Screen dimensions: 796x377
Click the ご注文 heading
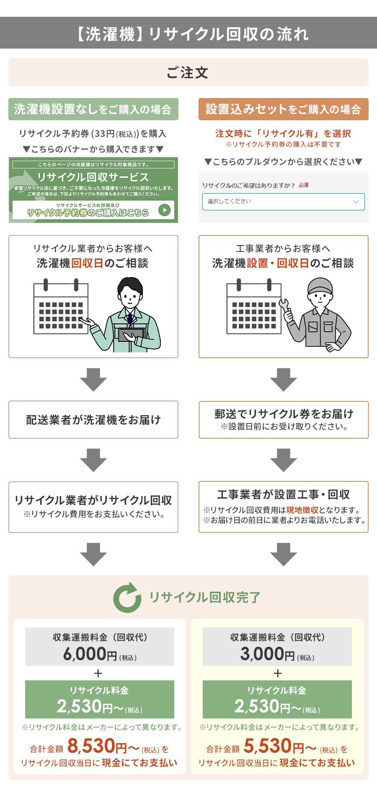188,72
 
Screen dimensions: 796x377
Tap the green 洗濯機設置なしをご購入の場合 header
93,109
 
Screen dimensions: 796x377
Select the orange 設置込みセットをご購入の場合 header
283,109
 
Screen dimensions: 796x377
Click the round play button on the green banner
165,210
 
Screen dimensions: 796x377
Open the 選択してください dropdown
283,202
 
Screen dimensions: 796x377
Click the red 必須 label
303,185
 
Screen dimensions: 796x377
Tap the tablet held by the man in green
131,334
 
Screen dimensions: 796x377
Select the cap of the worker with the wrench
320,286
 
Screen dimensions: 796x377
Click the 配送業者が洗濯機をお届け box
93,420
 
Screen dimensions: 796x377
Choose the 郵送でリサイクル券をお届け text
284,414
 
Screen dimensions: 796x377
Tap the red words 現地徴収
302,510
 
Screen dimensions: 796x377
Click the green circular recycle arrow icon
127,597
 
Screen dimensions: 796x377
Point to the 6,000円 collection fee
90,654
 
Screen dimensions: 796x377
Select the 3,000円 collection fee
267,654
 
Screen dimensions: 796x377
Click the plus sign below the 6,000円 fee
98,673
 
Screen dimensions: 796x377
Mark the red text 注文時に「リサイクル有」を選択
283,134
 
